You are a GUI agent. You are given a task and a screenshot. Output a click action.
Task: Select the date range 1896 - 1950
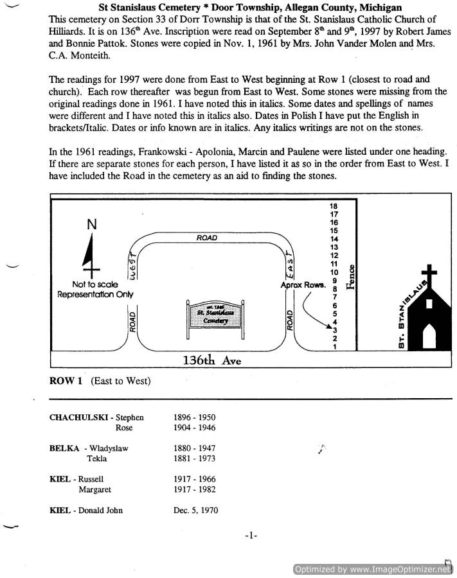coord(195,417)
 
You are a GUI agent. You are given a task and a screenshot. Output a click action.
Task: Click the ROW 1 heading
coord(66,381)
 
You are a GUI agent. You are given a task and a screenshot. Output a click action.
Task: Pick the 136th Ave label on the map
coord(211,360)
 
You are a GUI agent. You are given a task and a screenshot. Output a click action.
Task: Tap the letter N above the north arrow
coord(92,224)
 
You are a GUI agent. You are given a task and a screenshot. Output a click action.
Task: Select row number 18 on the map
coord(334,206)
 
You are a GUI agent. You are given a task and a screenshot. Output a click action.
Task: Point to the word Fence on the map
coord(351,277)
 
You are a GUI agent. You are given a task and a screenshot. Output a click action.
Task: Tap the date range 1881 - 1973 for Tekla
coord(195,459)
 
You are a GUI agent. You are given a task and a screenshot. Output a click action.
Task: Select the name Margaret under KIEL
coord(95,489)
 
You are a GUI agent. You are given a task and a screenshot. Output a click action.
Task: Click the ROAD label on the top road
coord(207,238)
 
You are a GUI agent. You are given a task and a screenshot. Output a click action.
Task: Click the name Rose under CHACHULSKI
coord(124,428)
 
